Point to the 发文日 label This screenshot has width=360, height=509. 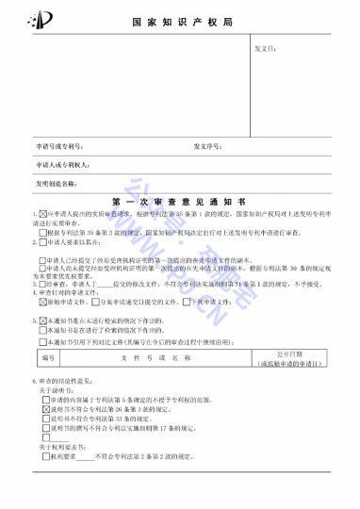[x=266, y=46]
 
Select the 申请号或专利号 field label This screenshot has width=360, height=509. [x=60, y=146]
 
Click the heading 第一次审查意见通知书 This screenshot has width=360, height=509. [x=179, y=201]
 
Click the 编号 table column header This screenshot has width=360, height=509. [x=48, y=358]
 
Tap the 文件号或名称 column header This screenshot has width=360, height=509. [x=142, y=358]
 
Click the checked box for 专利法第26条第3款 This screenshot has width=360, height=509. [x=44, y=411]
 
